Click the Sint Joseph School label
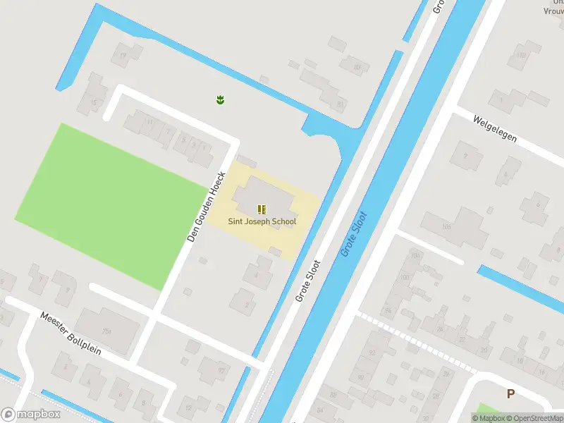click(262, 221)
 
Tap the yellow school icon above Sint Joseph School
click(262, 209)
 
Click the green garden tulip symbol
click(220, 100)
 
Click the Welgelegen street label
click(496, 128)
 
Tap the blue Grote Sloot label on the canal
click(355, 233)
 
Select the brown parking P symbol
click(510, 394)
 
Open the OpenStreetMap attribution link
click(533, 418)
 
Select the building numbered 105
click(446, 227)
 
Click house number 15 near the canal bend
click(94, 102)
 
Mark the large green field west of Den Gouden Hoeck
click(106, 204)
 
